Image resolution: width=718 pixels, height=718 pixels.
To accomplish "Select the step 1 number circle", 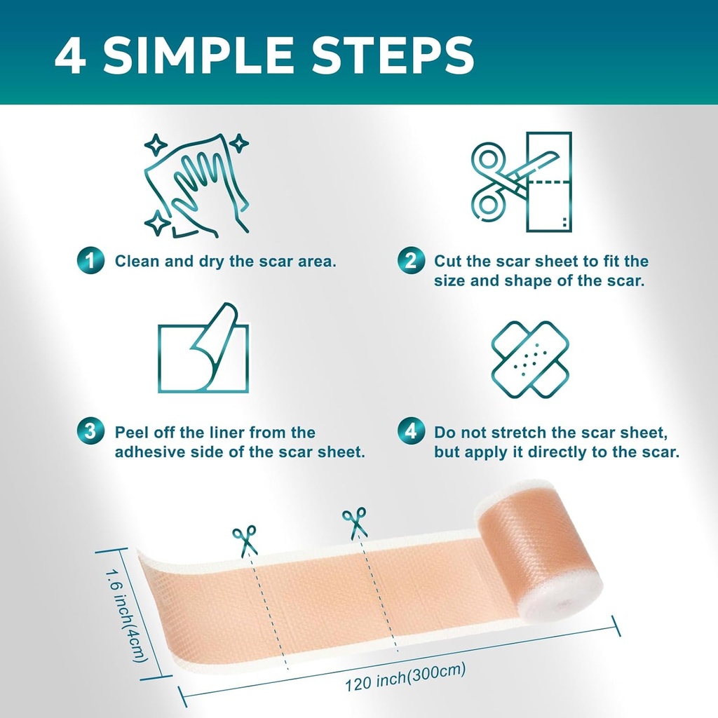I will click(90, 261).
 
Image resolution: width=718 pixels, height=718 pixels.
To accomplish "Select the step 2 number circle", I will click(411, 261).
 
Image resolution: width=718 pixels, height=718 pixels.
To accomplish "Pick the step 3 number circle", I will click(90, 432).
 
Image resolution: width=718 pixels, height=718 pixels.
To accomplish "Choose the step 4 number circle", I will click(411, 432).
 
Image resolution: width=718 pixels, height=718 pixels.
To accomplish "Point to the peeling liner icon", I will click(203, 348).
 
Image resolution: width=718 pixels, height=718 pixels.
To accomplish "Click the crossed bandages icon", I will click(530, 359).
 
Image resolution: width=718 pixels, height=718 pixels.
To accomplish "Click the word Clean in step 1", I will click(135, 262).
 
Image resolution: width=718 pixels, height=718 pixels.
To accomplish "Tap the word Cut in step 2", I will click(446, 262).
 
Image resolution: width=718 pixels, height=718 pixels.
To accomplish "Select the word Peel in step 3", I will click(131, 433).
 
